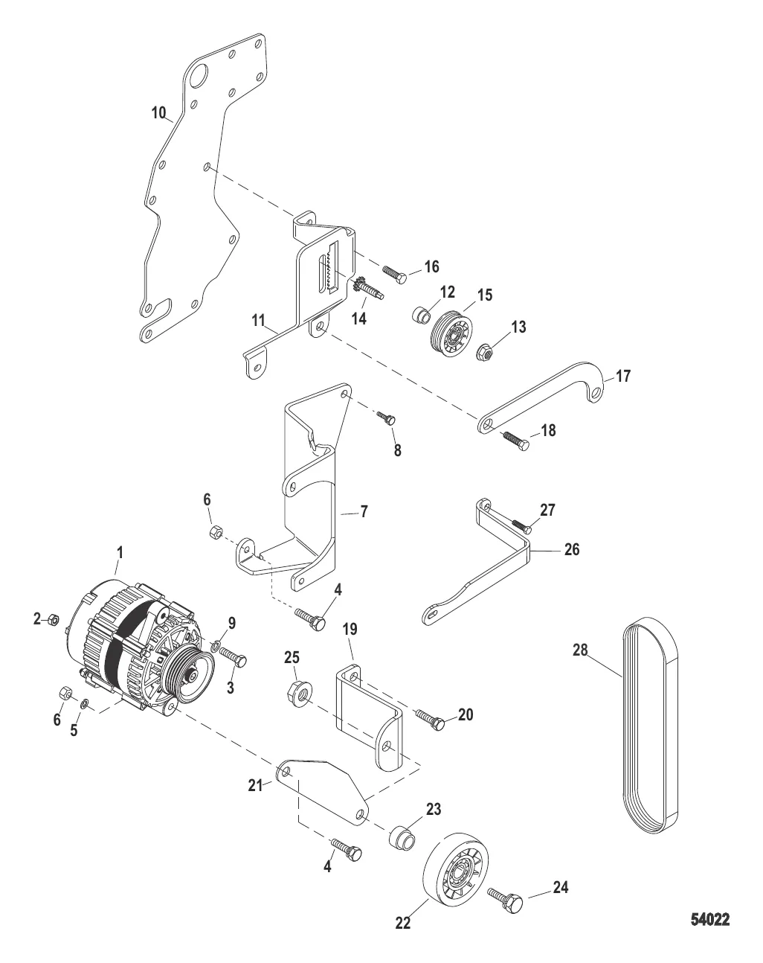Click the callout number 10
(x=159, y=113)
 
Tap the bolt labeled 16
(x=394, y=274)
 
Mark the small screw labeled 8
(x=387, y=418)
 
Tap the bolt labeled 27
(x=518, y=523)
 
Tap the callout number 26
(x=571, y=550)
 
